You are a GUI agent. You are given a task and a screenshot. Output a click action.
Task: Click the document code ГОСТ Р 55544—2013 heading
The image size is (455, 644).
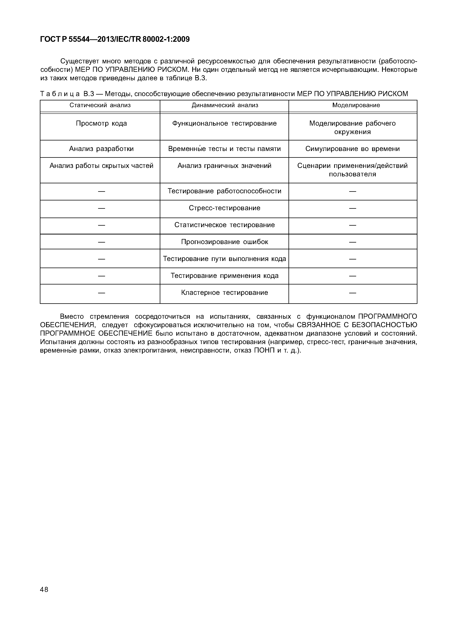[x=115, y=39]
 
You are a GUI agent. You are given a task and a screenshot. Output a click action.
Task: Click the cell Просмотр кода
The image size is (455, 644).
[x=101, y=123]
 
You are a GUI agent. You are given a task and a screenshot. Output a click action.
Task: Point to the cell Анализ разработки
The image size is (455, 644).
[x=101, y=149]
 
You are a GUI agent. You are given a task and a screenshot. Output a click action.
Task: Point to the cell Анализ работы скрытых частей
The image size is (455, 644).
[x=101, y=166]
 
